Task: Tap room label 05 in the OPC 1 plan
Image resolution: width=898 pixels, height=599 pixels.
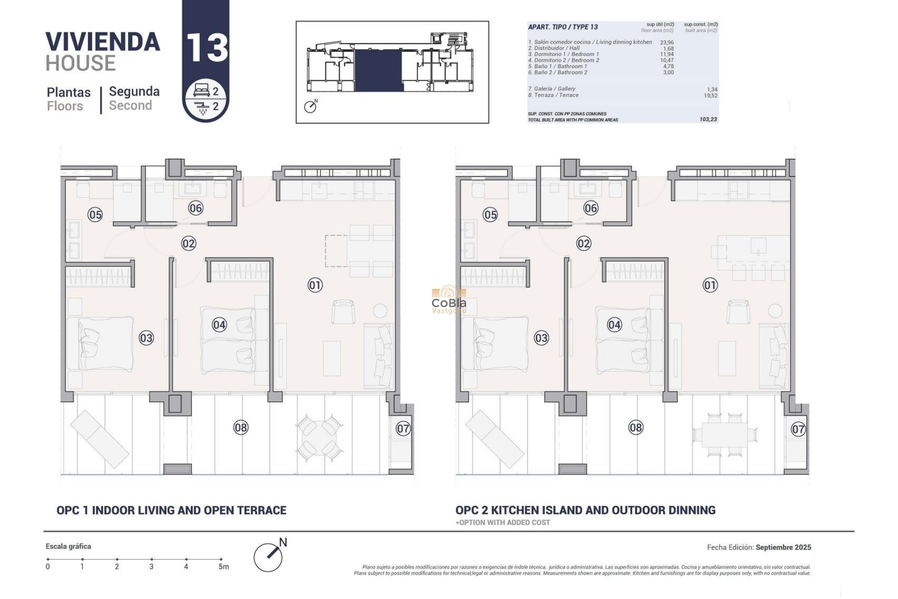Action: (95, 215)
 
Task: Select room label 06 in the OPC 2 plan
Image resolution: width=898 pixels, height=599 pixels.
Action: (591, 208)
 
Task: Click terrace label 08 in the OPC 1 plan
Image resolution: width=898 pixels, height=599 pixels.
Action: (241, 427)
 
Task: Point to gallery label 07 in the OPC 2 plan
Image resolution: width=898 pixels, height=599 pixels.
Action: (798, 429)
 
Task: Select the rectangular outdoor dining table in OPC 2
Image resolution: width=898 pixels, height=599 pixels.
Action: (724, 435)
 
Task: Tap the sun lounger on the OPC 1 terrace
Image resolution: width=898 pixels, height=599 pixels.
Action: (100, 439)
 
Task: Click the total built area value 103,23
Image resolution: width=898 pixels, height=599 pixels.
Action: (708, 119)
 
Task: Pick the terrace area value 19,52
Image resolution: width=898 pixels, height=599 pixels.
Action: (710, 95)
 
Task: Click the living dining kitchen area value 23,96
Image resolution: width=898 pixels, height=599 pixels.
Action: (666, 43)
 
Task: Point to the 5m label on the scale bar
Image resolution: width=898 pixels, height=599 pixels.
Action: (224, 567)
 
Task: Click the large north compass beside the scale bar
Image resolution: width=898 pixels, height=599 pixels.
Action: (268, 556)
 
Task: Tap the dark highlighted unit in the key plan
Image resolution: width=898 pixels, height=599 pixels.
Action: (378, 70)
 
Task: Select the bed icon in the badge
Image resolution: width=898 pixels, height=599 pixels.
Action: (201, 90)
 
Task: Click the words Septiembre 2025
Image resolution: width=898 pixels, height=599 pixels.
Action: (783, 547)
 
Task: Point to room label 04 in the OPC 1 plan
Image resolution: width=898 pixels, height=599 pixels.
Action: (219, 325)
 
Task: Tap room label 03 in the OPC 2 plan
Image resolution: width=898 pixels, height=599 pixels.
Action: (541, 338)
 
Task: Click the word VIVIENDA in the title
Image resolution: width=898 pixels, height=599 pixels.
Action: (102, 42)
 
